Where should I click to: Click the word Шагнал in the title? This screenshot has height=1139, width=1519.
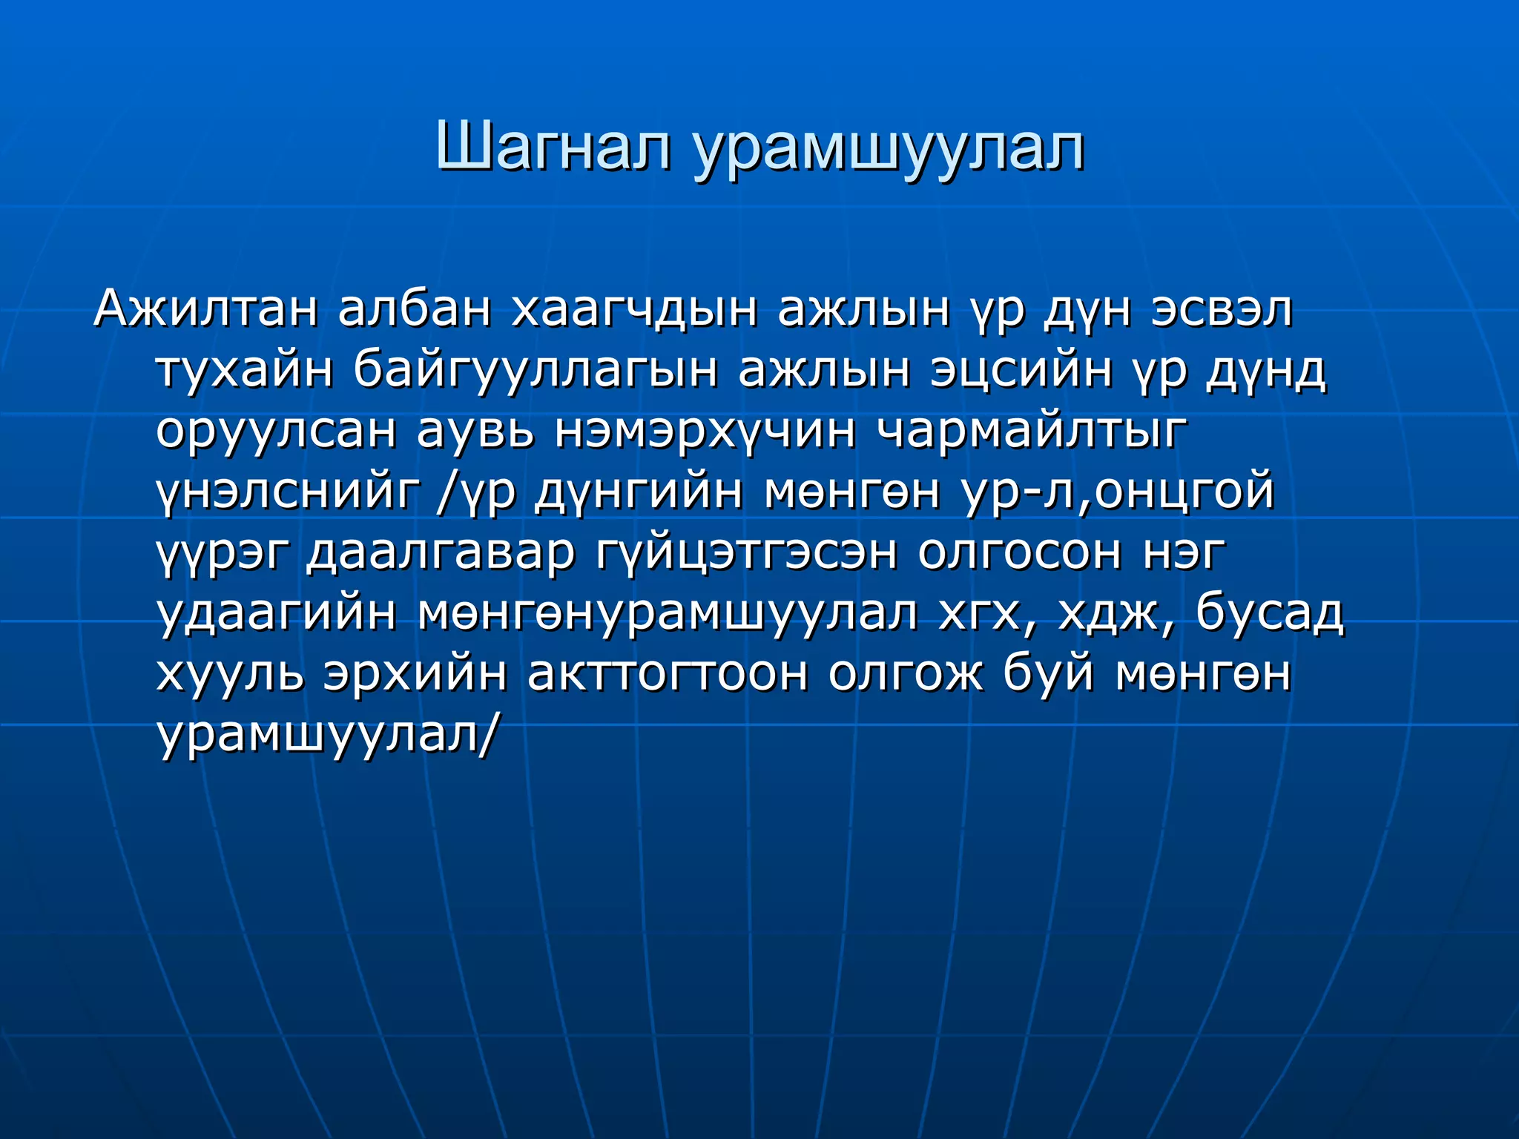(x=553, y=147)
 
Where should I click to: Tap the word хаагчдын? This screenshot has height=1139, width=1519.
(x=634, y=310)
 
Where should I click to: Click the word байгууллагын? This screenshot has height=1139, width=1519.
(x=535, y=372)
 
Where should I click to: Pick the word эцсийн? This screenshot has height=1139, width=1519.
(x=1021, y=372)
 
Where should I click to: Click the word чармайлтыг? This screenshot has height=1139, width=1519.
(x=1032, y=433)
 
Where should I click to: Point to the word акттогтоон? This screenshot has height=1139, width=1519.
(x=668, y=675)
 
